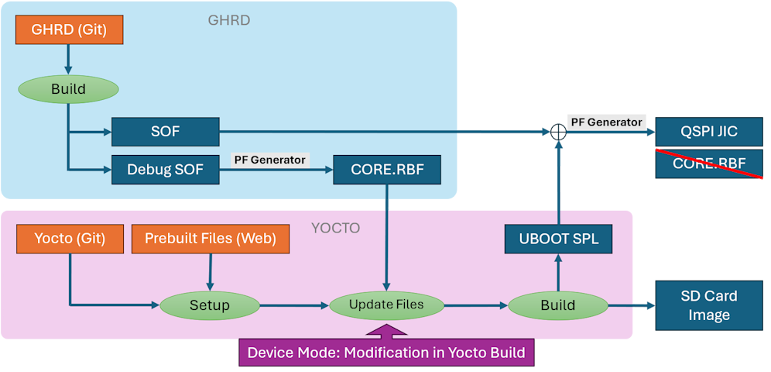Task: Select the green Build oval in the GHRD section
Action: [x=69, y=89]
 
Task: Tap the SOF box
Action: [x=166, y=131]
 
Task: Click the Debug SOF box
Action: [x=166, y=170]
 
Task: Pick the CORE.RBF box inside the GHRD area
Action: [x=387, y=170]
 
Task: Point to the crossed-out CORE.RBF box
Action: [x=709, y=164]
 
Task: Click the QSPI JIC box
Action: [x=709, y=131]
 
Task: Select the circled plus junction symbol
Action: [x=558, y=132]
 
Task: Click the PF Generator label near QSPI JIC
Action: [x=607, y=122]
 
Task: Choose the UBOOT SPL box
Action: [x=557, y=239]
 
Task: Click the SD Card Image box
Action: [x=709, y=305]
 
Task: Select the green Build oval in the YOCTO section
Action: [x=557, y=305]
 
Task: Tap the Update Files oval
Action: [x=386, y=305]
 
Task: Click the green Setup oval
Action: [x=210, y=305]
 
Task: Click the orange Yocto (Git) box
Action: [x=70, y=239]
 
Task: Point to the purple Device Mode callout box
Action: [x=386, y=353]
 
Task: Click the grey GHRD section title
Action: [x=229, y=20]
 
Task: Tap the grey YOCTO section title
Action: [x=335, y=228]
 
